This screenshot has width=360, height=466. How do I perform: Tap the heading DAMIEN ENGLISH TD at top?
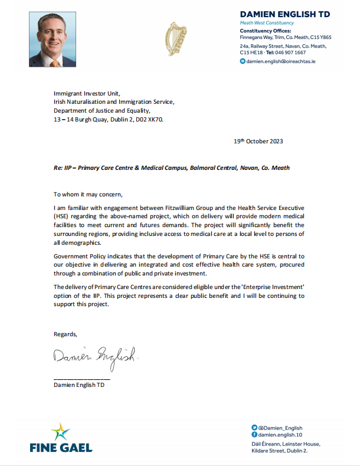[x=284, y=14]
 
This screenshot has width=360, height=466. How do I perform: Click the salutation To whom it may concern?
[x=89, y=194]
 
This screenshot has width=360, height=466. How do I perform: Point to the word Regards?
[x=65, y=334]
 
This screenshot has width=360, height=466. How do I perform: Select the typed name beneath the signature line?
[x=78, y=386]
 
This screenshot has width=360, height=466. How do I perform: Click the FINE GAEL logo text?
[x=61, y=448]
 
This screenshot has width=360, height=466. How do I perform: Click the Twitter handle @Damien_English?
[x=280, y=427]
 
